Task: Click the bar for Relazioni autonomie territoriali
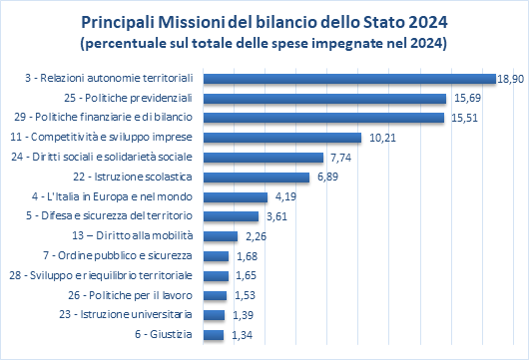(x=349, y=79)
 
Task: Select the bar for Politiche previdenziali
(x=325, y=99)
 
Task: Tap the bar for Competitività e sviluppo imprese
(x=282, y=138)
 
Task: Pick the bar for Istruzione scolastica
(x=257, y=178)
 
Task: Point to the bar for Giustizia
(x=214, y=335)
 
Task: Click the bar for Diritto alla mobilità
(x=221, y=236)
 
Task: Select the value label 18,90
(x=511, y=79)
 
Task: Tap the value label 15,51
(x=464, y=118)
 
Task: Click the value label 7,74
(x=340, y=158)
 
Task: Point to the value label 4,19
(x=285, y=196)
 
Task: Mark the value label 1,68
(x=247, y=256)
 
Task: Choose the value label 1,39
(x=243, y=315)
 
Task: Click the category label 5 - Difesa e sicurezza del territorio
(x=109, y=215)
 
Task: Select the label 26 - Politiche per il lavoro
(x=130, y=295)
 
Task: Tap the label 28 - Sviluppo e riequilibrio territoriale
(x=101, y=275)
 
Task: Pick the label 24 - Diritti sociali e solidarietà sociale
(x=102, y=158)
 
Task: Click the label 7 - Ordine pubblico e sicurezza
(x=118, y=256)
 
